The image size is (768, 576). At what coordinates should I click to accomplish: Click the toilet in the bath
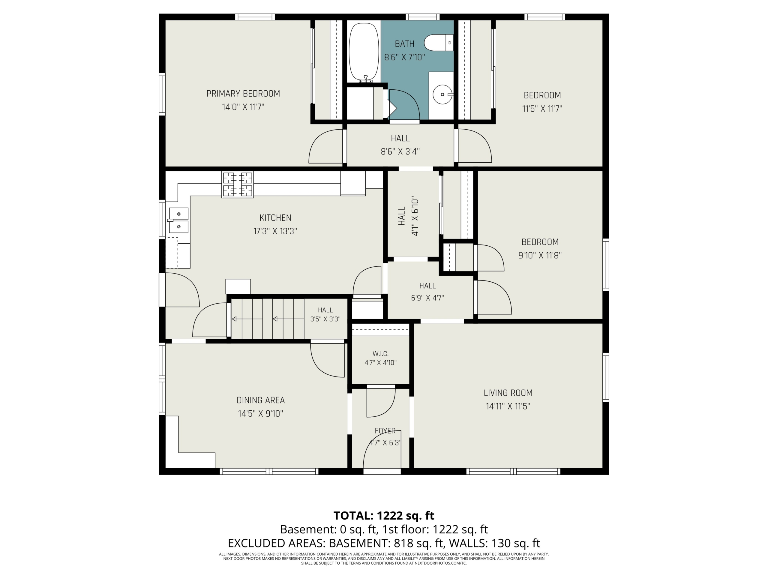click(439, 43)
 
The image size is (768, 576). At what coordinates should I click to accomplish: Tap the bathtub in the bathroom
click(364, 52)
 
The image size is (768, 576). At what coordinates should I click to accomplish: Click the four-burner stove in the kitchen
click(238, 185)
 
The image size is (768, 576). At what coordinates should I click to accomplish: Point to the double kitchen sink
click(178, 220)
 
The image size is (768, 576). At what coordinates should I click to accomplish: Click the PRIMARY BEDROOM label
click(243, 94)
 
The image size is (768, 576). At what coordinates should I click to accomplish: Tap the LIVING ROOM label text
click(508, 393)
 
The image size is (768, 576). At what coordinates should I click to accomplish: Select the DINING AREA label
click(261, 400)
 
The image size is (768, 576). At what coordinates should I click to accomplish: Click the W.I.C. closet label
click(380, 354)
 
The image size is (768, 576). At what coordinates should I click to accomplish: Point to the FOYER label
click(385, 431)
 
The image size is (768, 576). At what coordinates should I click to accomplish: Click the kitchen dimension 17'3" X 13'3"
click(275, 231)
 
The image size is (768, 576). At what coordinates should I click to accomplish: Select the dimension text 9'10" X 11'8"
click(540, 256)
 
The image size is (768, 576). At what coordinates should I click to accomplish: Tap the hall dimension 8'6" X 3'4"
click(400, 152)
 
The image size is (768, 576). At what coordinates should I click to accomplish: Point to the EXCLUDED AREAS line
click(384, 543)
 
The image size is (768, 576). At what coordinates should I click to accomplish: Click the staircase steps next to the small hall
click(268, 318)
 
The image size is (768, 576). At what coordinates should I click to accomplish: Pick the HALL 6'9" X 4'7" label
click(427, 292)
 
